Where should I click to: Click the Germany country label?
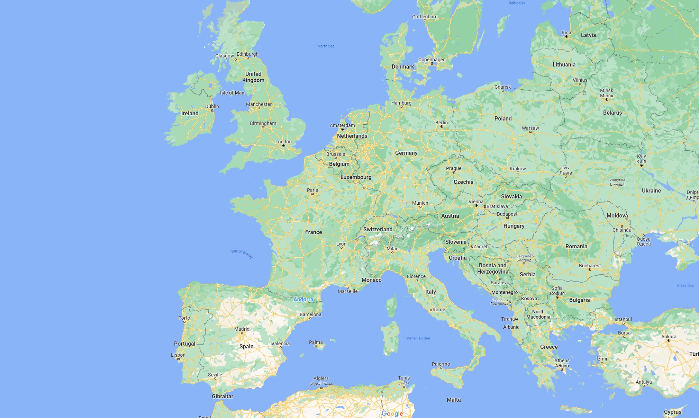coord(406,153)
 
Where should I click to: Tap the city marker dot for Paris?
coord(312,194)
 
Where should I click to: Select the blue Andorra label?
coord(303,299)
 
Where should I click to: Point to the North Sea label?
coord(326,46)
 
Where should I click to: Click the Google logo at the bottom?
coord(392,413)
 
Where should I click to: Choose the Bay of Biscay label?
coord(242,254)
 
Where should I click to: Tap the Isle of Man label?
coord(232,93)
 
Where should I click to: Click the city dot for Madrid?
coord(242,333)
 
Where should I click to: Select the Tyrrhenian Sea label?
coord(417,338)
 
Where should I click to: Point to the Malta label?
coord(454,400)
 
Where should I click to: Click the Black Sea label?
coord(685,286)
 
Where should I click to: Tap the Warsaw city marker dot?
coord(530,132)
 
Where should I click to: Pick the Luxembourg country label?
coord(356,177)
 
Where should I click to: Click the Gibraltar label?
coord(223,396)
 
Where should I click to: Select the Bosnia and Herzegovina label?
coord(493,268)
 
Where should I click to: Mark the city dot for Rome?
coord(431,310)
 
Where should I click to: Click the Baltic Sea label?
coord(517,3)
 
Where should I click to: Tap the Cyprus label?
coord(673,412)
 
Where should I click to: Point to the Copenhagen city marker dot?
coord(432,64)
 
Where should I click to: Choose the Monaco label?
coord(372,280)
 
